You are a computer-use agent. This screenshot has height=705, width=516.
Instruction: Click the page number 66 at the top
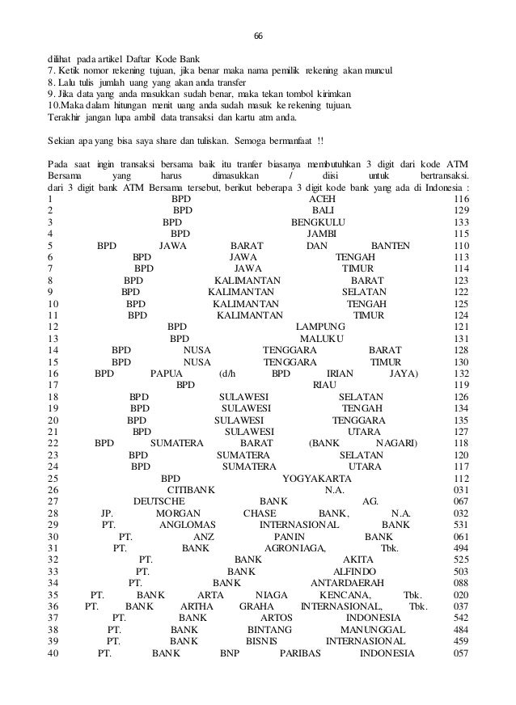pos(259,36)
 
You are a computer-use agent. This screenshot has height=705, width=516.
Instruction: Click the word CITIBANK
pos(191,489)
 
